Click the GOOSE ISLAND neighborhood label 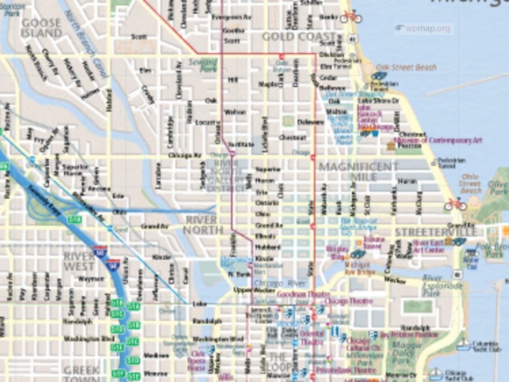41,28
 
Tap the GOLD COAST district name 298,36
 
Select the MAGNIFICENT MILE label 359,172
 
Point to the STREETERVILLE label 436,232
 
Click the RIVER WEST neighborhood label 79,261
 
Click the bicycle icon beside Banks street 351,17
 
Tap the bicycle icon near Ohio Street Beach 455,204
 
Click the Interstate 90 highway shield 100,253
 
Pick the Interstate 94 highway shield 113,265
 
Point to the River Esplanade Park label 444,285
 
